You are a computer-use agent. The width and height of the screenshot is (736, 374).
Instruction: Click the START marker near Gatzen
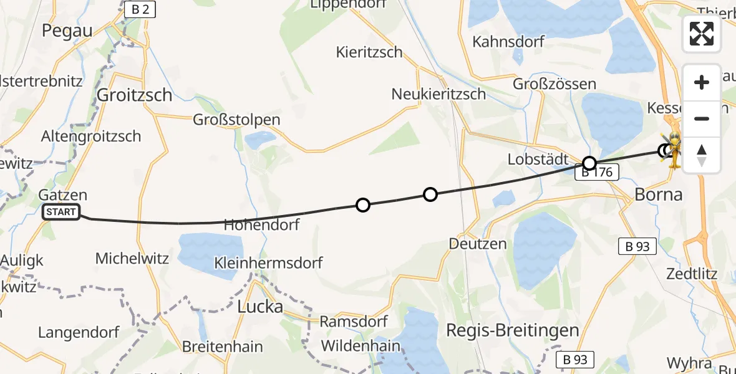pos(61,213)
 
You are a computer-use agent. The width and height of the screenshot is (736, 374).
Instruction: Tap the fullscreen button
pos(702,34)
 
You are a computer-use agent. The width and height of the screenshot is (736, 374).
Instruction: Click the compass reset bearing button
pos(702,155)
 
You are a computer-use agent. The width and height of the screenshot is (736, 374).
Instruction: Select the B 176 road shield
pos(597,173)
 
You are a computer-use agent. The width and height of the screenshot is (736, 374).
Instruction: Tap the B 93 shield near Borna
pos(637,246)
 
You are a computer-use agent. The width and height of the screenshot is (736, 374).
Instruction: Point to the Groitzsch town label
pos(135,95)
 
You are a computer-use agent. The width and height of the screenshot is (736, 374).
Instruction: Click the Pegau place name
pos(67,30)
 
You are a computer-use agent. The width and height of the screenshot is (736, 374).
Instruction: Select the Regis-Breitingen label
pos(513,330)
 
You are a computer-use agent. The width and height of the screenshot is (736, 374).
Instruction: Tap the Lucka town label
pos(260,306)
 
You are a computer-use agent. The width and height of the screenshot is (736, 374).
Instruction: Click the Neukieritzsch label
pos(438,93)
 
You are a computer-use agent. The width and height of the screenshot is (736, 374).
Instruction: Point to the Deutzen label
pos(478,243)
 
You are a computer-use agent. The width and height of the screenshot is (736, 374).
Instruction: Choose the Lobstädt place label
pos(538,159)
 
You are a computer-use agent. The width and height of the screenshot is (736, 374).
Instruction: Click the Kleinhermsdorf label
pos(268,262)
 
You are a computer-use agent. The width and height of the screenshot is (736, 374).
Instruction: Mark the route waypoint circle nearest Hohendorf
pos(362,204)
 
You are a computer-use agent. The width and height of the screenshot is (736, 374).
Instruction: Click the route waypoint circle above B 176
pos(589,163)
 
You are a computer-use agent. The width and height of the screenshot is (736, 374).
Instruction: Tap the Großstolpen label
pos(236,119)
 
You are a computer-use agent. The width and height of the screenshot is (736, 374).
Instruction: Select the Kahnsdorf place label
pos(508,42)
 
